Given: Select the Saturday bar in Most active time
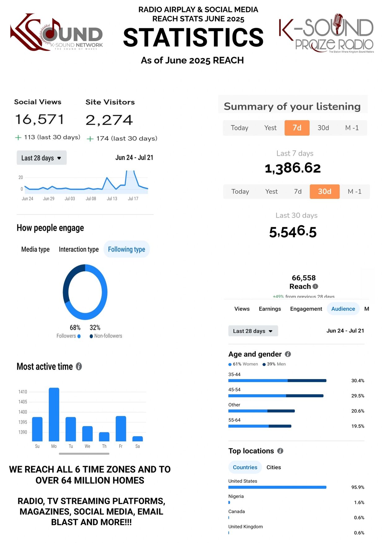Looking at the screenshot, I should [137, 438].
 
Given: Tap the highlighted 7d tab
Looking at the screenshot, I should [297, 128].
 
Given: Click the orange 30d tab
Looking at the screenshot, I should [324, 192].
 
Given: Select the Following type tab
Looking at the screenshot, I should [126, 249].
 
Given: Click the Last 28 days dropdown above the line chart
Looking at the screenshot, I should [41, 158].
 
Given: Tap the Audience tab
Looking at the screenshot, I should [343, 309].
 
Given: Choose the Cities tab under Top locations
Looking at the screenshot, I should [273, 467].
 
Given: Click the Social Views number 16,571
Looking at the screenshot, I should [40, 119].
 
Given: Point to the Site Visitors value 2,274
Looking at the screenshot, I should [109, 120].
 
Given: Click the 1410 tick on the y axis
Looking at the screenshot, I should [23, 392].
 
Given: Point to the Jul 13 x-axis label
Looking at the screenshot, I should [112, 199].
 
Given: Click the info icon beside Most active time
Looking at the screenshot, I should [79, 367].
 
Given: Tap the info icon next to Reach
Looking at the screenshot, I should [315, 287].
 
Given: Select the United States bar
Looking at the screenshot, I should [277, 487].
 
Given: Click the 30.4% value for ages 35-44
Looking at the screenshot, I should [357, 381].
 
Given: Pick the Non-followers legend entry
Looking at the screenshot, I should [106, 336].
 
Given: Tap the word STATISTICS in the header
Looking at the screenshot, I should [193, 38].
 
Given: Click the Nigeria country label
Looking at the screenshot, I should [236, 496].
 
